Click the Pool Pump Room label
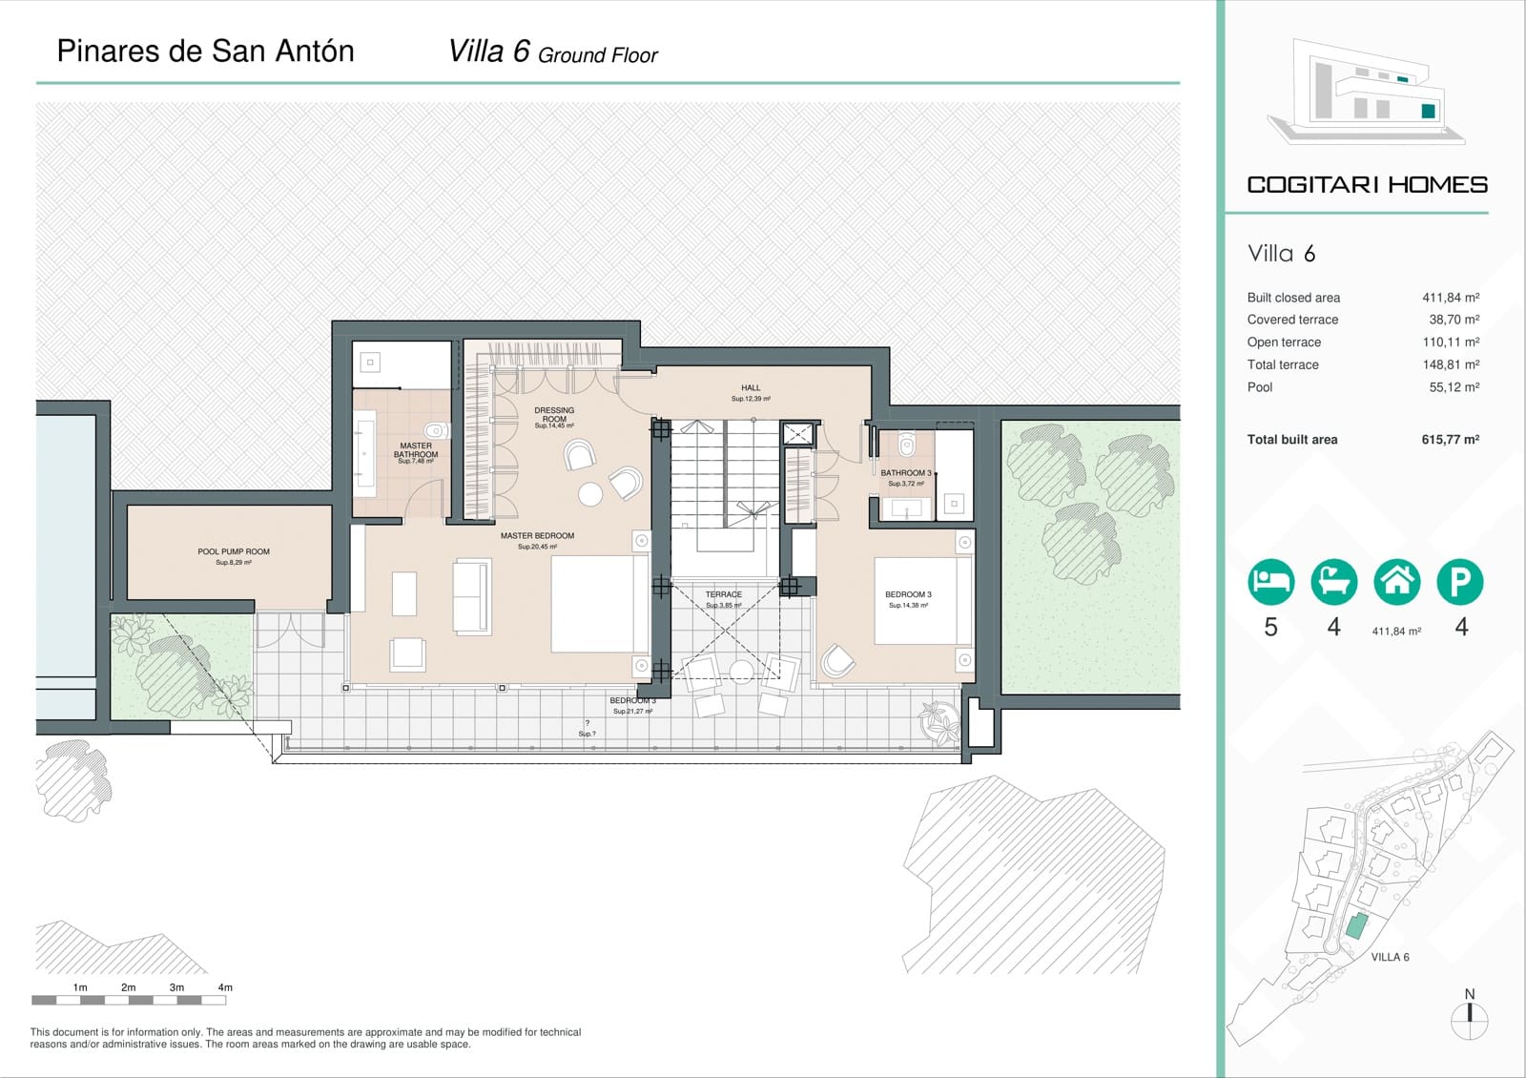pos(234,551)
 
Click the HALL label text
pos(751,388)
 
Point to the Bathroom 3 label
pos(905,473)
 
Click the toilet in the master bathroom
pos(436,430)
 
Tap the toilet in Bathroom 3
pos(906,445)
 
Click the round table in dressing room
pos(590,494)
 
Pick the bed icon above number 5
pos(1270,582)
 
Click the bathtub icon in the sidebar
pos(1333,582)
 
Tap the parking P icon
pos(1460,582)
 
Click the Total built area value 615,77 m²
pos(1450,440)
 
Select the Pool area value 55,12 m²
pos(1454,387)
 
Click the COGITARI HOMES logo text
pos(1367,185)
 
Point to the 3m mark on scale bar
pos(176,988)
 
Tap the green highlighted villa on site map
pos(1356,925)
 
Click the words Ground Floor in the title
pos(598,56)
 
